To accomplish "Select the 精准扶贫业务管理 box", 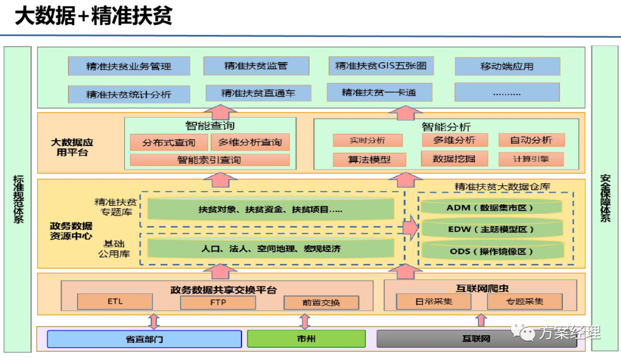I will tap(129, 66).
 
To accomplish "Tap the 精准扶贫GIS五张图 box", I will tap(381, 66).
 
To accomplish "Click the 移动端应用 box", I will tap(507, 66).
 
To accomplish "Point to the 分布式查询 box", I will tap(168, 143).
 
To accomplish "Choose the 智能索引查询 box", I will tap(209, 160).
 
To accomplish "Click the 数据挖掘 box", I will tap(455, 159).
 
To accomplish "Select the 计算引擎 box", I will tap(531, 159).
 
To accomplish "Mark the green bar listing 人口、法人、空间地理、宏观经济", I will tap(271, 249).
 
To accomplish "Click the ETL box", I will tap(115, 301).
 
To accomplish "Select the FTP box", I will tap(218, 302).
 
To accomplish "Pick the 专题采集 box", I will tap(524, 301).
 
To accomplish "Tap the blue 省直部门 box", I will tap(144, 339).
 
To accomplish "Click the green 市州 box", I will tap(306, 339).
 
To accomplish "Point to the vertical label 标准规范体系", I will tap(17, 199).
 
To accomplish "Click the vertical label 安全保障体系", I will tap(604, 199).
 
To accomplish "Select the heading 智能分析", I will tap(446, 127).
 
